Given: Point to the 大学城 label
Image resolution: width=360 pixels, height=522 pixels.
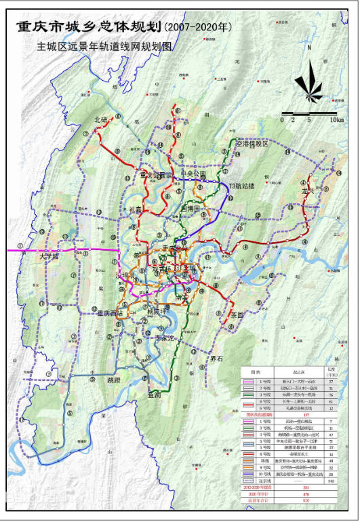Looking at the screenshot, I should (x=49, y=257).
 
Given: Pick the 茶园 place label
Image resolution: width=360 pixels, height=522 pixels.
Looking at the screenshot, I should (x=237, y=315).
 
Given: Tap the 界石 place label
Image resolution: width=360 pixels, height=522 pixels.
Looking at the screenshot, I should (x=217, y=358).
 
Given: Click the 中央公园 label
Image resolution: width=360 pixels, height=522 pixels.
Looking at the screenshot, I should (x=193, y=174).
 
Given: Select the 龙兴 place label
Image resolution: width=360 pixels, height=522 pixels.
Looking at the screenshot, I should (x=309, y=191).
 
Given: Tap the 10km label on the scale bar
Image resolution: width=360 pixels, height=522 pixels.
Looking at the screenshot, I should (x=336, y=120).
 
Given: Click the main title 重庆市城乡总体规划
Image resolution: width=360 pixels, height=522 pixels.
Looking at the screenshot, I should (x=88, y=28).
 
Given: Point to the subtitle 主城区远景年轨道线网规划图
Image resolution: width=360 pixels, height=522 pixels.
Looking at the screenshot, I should (x=106, y=49).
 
